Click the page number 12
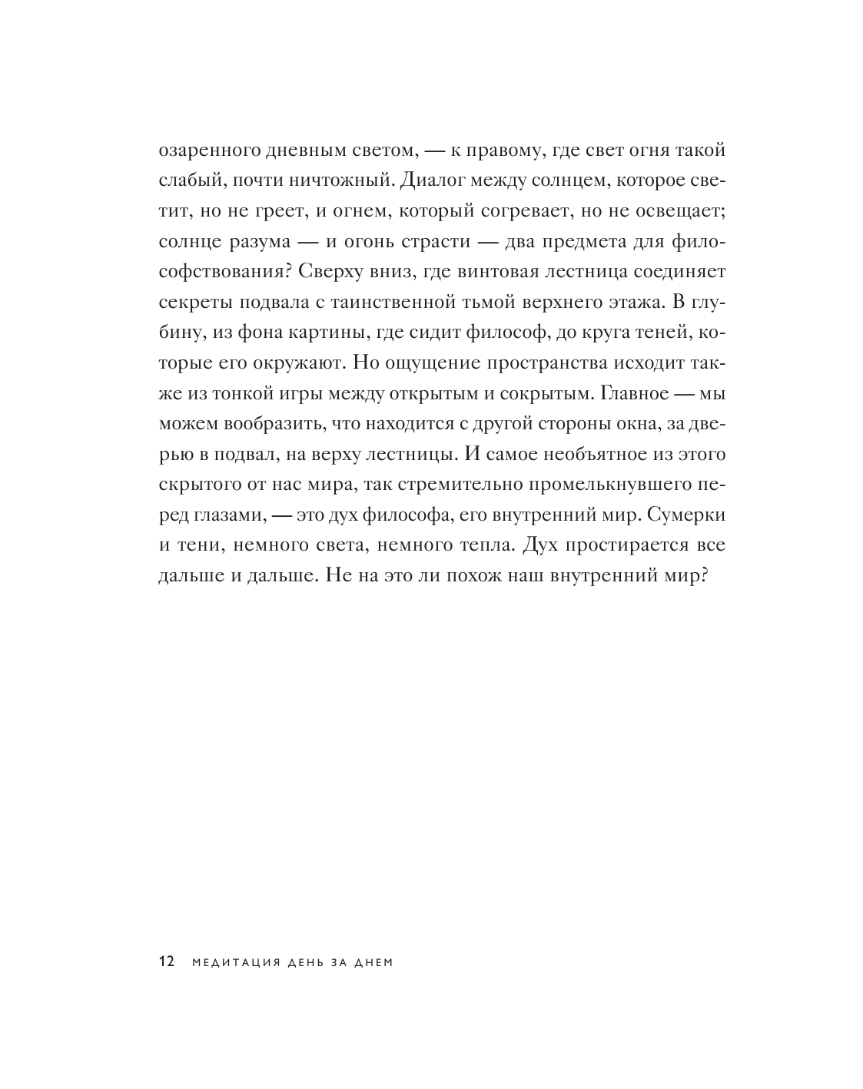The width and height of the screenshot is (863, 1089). (x=167, y=962)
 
